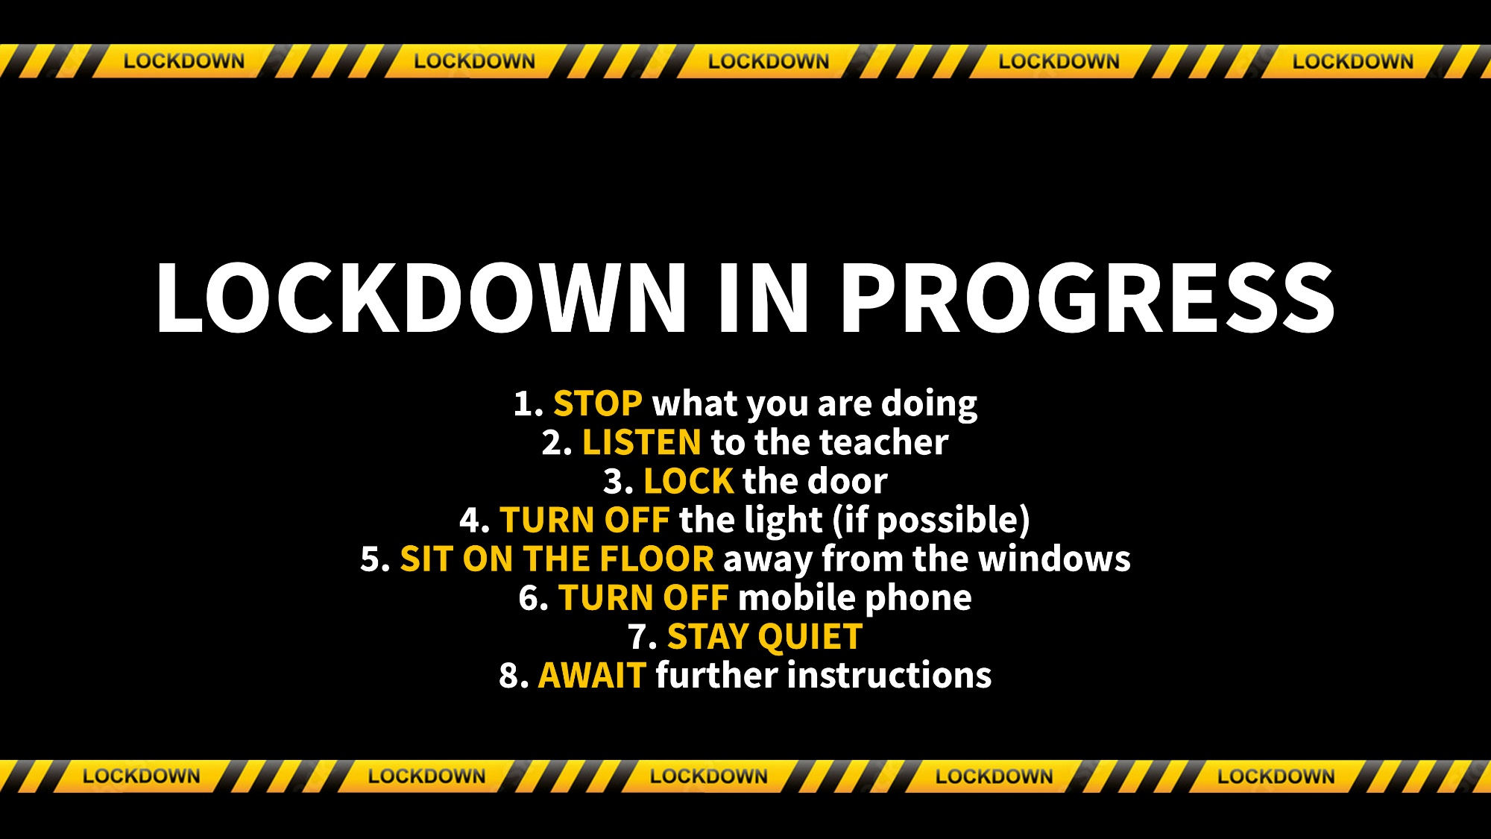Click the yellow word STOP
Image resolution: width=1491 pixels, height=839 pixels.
click(x=598, y=404)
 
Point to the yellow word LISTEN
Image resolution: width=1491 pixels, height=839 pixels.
click(x=642, y=443)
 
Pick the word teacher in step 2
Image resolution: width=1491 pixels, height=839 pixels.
click(x=884, y=443)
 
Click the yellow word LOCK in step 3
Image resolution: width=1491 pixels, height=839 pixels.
click(x=689, y=482)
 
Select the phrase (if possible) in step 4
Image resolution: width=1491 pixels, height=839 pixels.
click(x=931, y=521)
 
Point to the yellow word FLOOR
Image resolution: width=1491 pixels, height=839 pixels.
click(x=657, y=559)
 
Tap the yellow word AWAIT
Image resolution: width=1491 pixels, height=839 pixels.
click(x=592, y=676)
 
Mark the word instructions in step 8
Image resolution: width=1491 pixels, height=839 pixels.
click(x=889, y=675)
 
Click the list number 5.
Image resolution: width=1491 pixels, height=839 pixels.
click(x=375, y=559)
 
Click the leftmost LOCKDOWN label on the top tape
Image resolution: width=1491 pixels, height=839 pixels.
click(x=184, y=61)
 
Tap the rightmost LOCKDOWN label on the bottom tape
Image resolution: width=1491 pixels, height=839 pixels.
click(x=1276, y=776)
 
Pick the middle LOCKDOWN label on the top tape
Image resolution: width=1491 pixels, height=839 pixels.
click(x=769, y=61)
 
